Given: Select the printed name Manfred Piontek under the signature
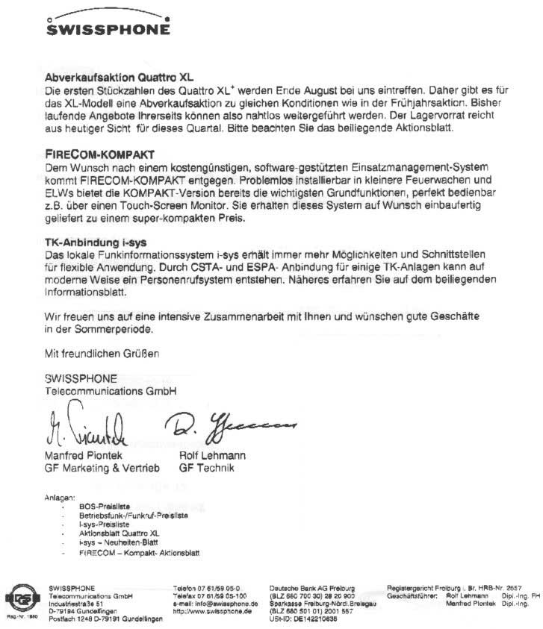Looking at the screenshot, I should (84, 455).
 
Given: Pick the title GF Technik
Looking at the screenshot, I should (206, 468).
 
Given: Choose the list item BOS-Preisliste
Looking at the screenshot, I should (104, 506).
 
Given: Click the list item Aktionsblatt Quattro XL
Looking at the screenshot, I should (119, 534).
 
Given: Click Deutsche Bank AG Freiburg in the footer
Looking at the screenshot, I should (311, 588).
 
